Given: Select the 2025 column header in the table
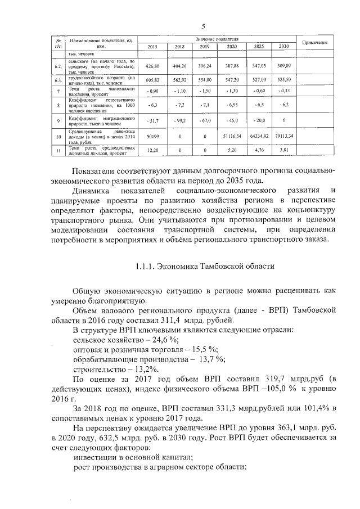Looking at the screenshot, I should tap(259, 46).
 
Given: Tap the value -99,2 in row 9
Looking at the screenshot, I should tap(179, 120).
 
